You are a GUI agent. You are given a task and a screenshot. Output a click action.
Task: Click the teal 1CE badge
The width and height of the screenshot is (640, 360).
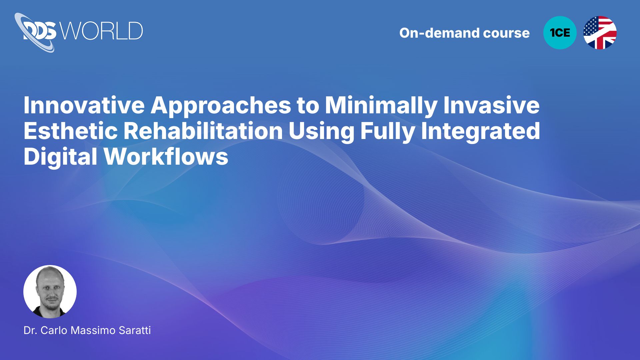tap(560, 33)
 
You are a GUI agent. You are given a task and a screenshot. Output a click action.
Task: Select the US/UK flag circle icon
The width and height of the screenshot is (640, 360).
tap(600, 33)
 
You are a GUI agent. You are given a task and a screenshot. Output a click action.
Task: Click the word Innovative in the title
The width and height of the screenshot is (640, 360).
tap(84, 105)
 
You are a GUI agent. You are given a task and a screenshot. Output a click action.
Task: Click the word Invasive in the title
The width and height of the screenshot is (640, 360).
tap(491, 105)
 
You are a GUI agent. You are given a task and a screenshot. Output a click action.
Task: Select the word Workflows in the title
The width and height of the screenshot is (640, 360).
tap(166, 156)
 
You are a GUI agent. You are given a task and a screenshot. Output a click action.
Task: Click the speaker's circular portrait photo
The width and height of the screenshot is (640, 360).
tap(50, 292)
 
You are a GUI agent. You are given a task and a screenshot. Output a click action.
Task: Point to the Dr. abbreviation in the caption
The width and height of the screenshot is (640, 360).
tap(30, 330)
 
